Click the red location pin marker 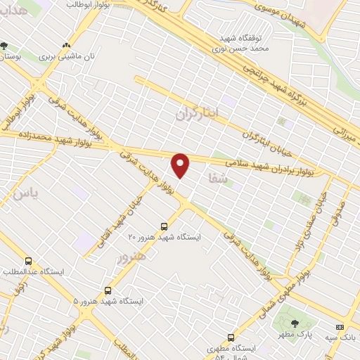[x=181, y=165]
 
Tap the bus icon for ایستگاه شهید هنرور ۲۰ [x=164, y=226]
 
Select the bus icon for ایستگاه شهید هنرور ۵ [x=108, y=290]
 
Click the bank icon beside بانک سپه [x=340, y=327]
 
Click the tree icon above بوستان [x=5, y=46]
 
